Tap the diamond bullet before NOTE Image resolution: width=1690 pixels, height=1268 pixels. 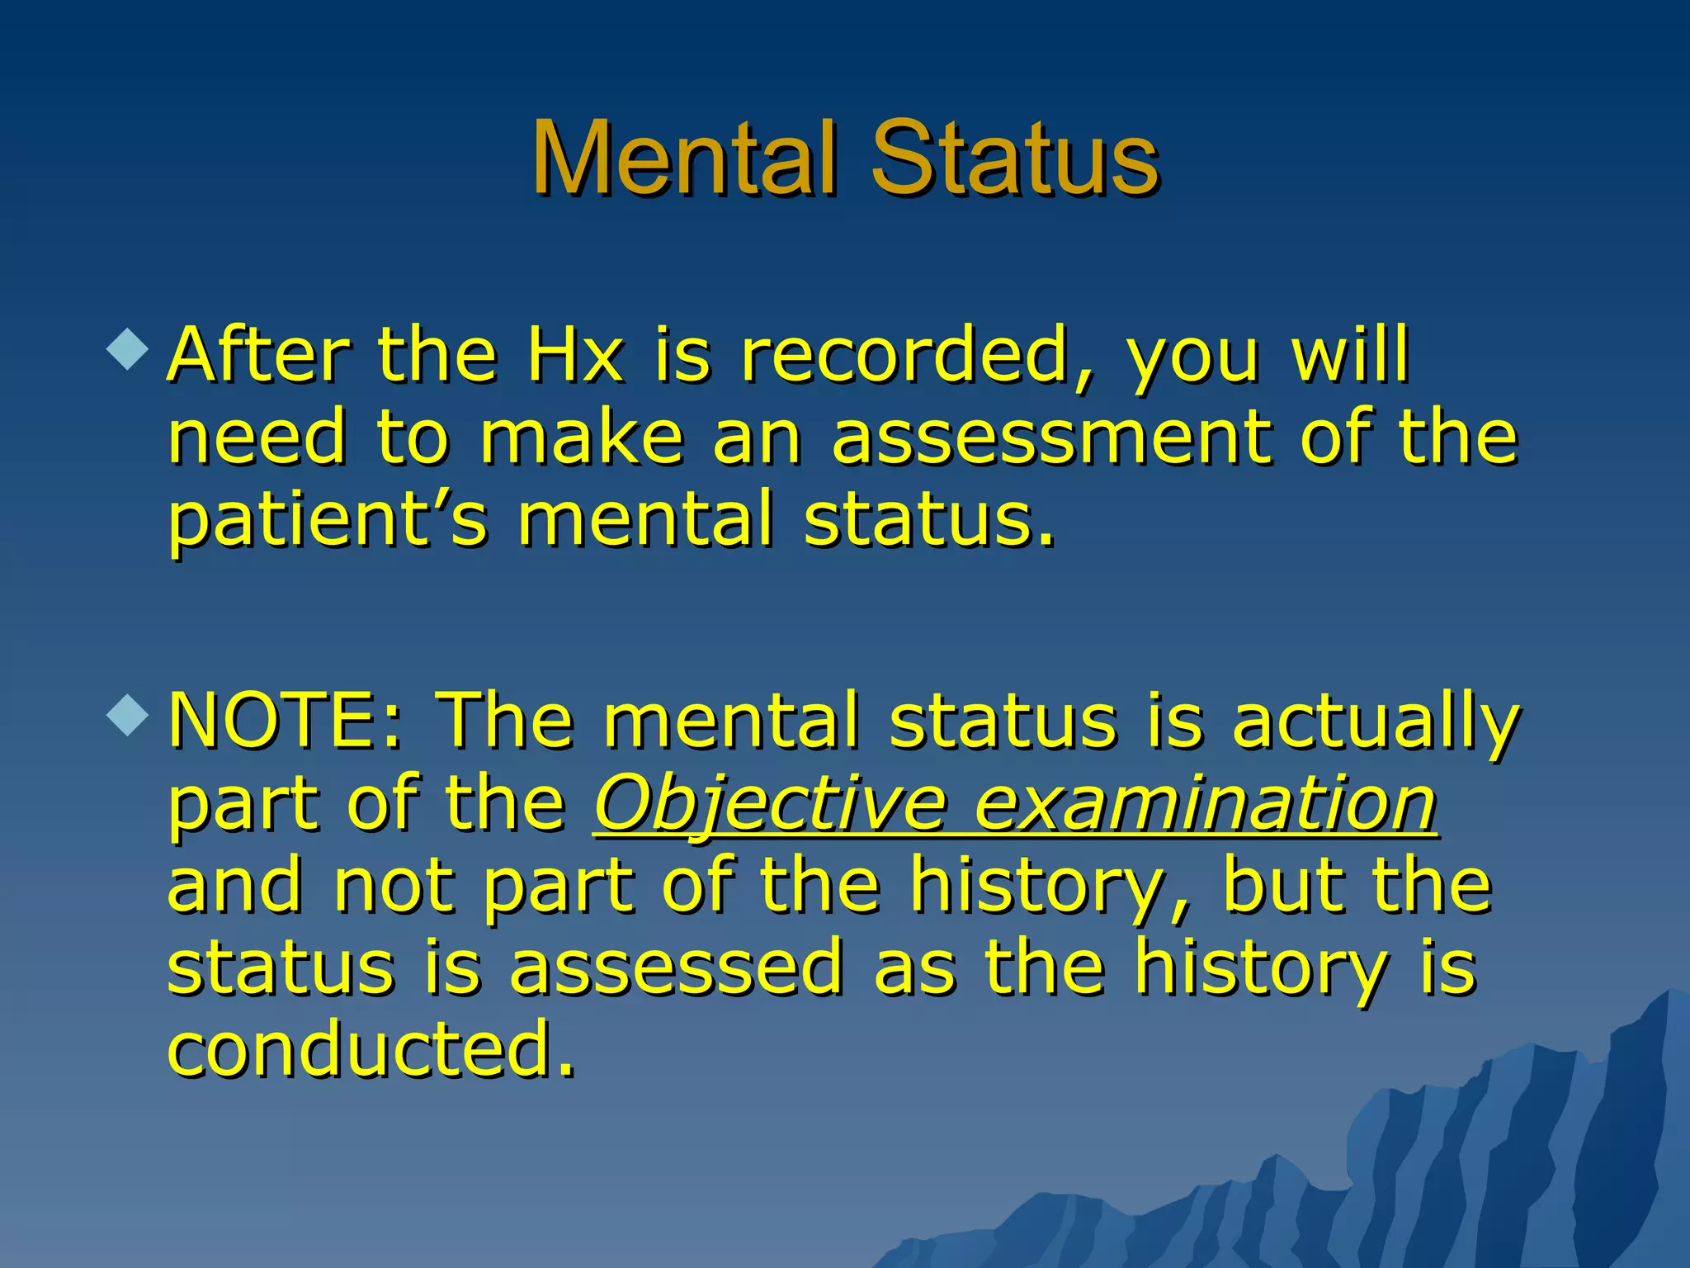128,714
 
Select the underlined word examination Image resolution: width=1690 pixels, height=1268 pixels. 1206,802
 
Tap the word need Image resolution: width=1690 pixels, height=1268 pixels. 257,438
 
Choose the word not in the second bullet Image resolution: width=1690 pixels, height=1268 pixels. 394,885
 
